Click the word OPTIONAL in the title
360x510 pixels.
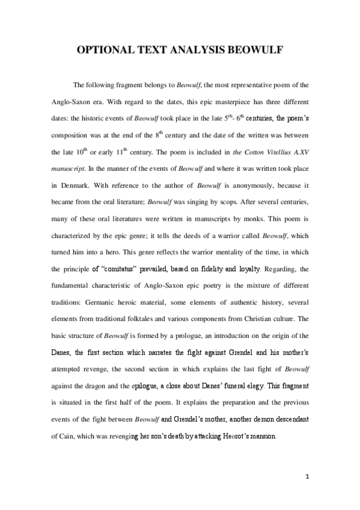(x=106, y=50)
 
